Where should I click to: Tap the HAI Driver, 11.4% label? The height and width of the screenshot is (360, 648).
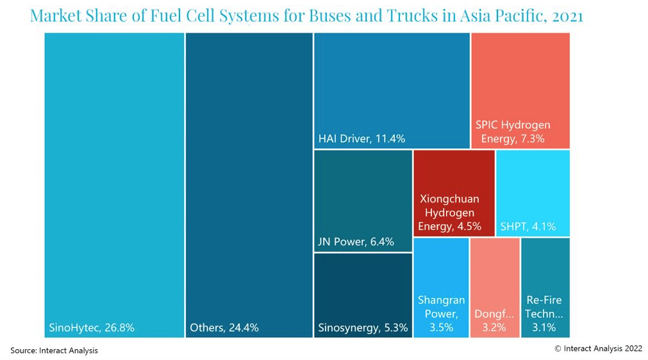[x=361, y=138]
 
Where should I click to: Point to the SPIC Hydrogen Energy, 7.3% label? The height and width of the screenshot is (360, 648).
[x=513, y=131]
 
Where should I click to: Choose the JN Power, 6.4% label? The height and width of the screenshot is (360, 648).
[x=356, y=242]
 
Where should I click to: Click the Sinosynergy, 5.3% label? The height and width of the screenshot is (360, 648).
[x=363, y=329]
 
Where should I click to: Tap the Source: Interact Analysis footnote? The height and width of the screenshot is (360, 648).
[x=54, y=350]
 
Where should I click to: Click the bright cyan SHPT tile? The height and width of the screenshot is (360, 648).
[x=533, y=186]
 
